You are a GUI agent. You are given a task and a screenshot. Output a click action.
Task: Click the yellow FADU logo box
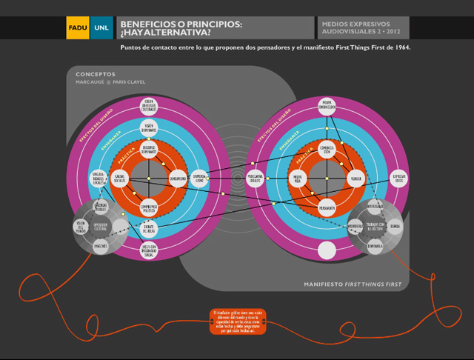point(77,27)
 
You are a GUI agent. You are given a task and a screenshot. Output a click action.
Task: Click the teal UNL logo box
point(101,27)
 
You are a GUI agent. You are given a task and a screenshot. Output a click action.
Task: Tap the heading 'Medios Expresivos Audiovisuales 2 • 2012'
point(361,28)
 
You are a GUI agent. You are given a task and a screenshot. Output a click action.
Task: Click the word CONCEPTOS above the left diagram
point(96,74)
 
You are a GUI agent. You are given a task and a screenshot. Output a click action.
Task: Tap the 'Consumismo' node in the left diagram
point(178,179)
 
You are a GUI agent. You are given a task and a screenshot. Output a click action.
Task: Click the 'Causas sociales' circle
point(120,179)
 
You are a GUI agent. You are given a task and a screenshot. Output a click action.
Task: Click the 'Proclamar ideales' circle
point(256,179)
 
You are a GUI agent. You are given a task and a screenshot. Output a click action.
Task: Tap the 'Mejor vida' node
point(298,179)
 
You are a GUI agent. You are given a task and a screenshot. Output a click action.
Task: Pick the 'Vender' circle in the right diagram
point(356,179)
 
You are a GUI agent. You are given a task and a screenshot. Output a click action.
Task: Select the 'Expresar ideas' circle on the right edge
point(399,179)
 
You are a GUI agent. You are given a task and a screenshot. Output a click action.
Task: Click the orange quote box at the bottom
point(237,321)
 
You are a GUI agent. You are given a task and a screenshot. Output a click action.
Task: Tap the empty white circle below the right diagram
point(327,250)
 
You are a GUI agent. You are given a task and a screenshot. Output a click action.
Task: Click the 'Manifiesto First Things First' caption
point(353,284)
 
